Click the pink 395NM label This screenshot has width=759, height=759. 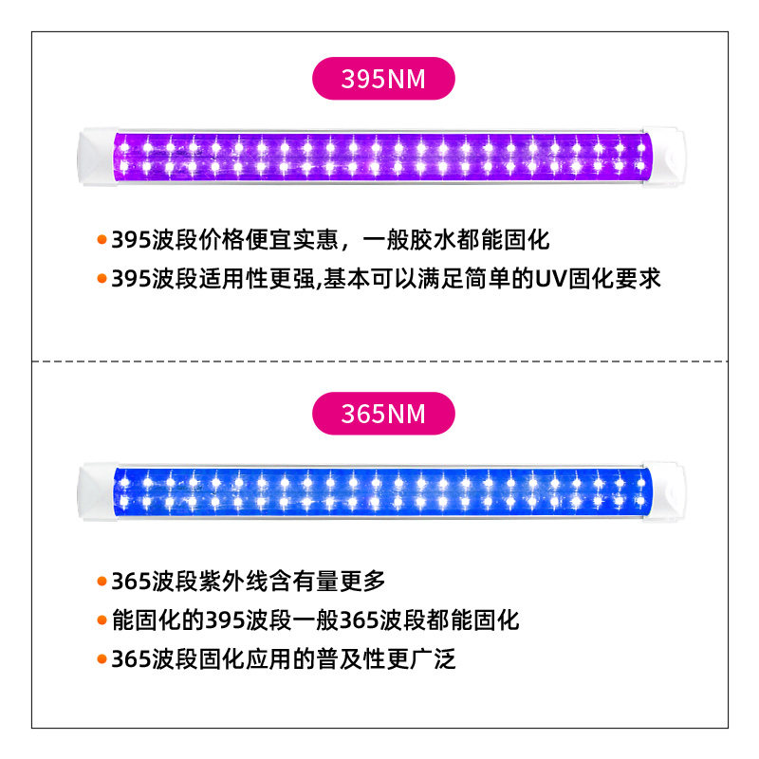[x=383, y=80]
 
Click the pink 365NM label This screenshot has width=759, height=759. [x=383, y=415]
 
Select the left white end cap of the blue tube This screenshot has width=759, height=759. [x=93, y=491]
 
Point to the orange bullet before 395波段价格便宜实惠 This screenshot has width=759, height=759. [x=102, y=239]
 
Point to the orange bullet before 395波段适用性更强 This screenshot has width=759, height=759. [x=102, y=279]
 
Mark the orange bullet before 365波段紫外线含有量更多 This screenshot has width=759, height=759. [x=102, y=581]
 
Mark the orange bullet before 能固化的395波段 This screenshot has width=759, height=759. [x=102, y=620]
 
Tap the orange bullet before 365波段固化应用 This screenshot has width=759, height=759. [x=102, y=659]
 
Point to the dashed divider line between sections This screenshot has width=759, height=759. [x=379, y=361]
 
